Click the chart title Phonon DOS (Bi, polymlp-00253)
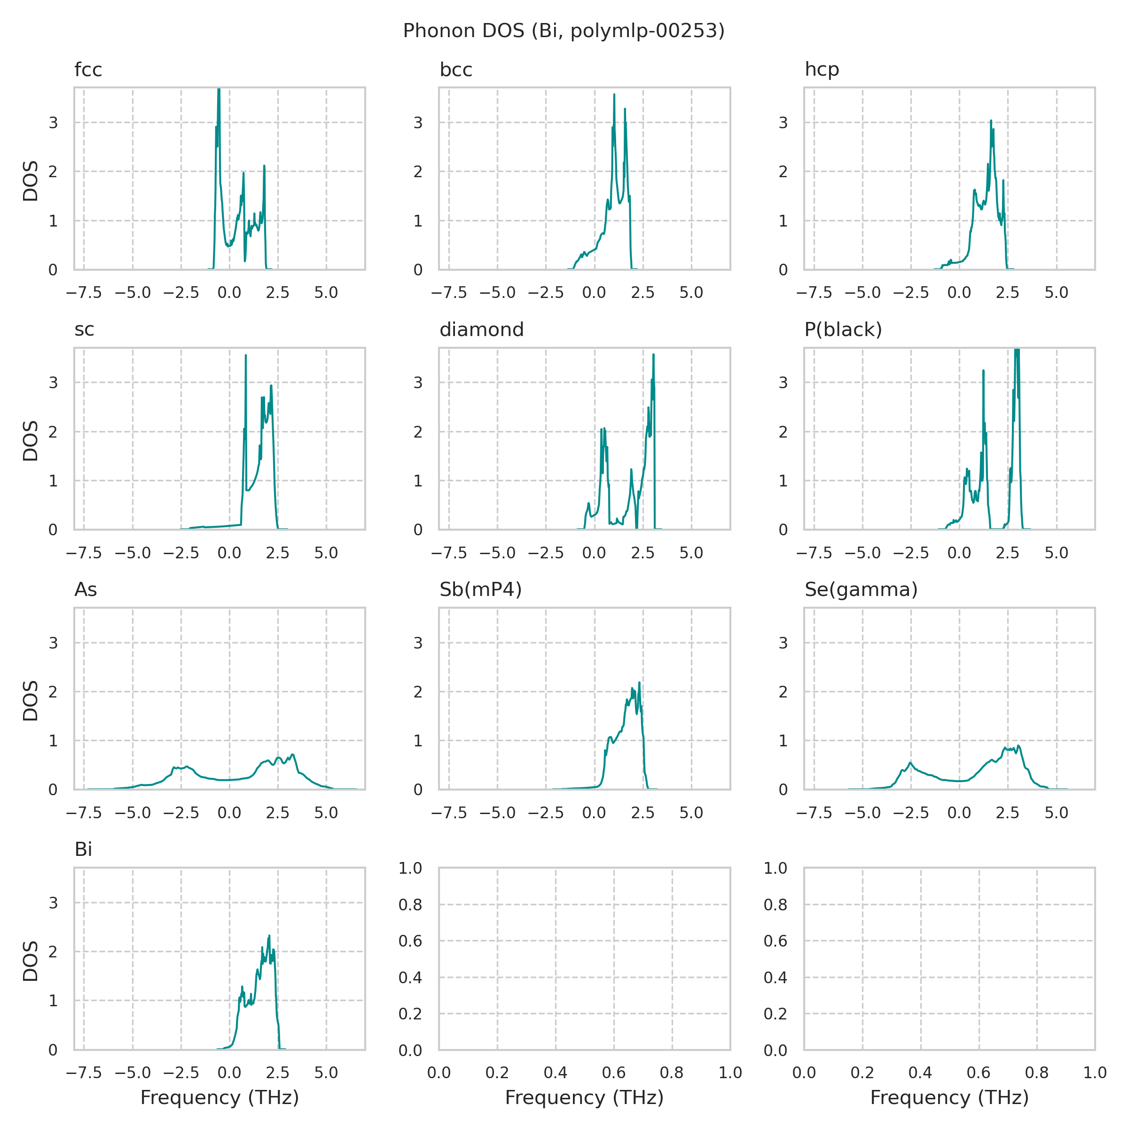pyautogui.click(x=564, y=31)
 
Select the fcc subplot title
pyautogui.click(x=88, y=70)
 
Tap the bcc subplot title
pyautogui.click(x=455, y=70)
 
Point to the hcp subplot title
pyautogui.click(x=822, y=70)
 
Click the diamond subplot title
pyautogui.click(x=482, y=330)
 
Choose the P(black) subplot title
pyautogui.click(x=843, y=330)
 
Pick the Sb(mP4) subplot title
pyautogui.click(x=480, y=590)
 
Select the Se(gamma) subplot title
pyautogui.click(x=861, y=590)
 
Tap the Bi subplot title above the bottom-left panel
pyautogui.click(x=84, y=849)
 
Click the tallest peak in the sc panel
pyautogui.click(x=246, y=356)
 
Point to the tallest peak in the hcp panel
pyautogui.click(x=991, y=121)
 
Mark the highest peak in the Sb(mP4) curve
pyautogui.click(x=639, y=682)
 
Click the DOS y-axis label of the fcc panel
pyautogui.click(x=31, y=180)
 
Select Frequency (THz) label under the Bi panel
pyautogui.click(x=219, y=1097)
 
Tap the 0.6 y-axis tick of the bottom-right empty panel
pyautogui.click(x=775, y=940)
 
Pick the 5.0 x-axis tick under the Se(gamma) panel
pyautogui.click(x=1056, y=813)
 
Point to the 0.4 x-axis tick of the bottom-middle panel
pyautogui.click(x=555, y=1073)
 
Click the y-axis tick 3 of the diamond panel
pyautogui.click(x=417, y=383)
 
